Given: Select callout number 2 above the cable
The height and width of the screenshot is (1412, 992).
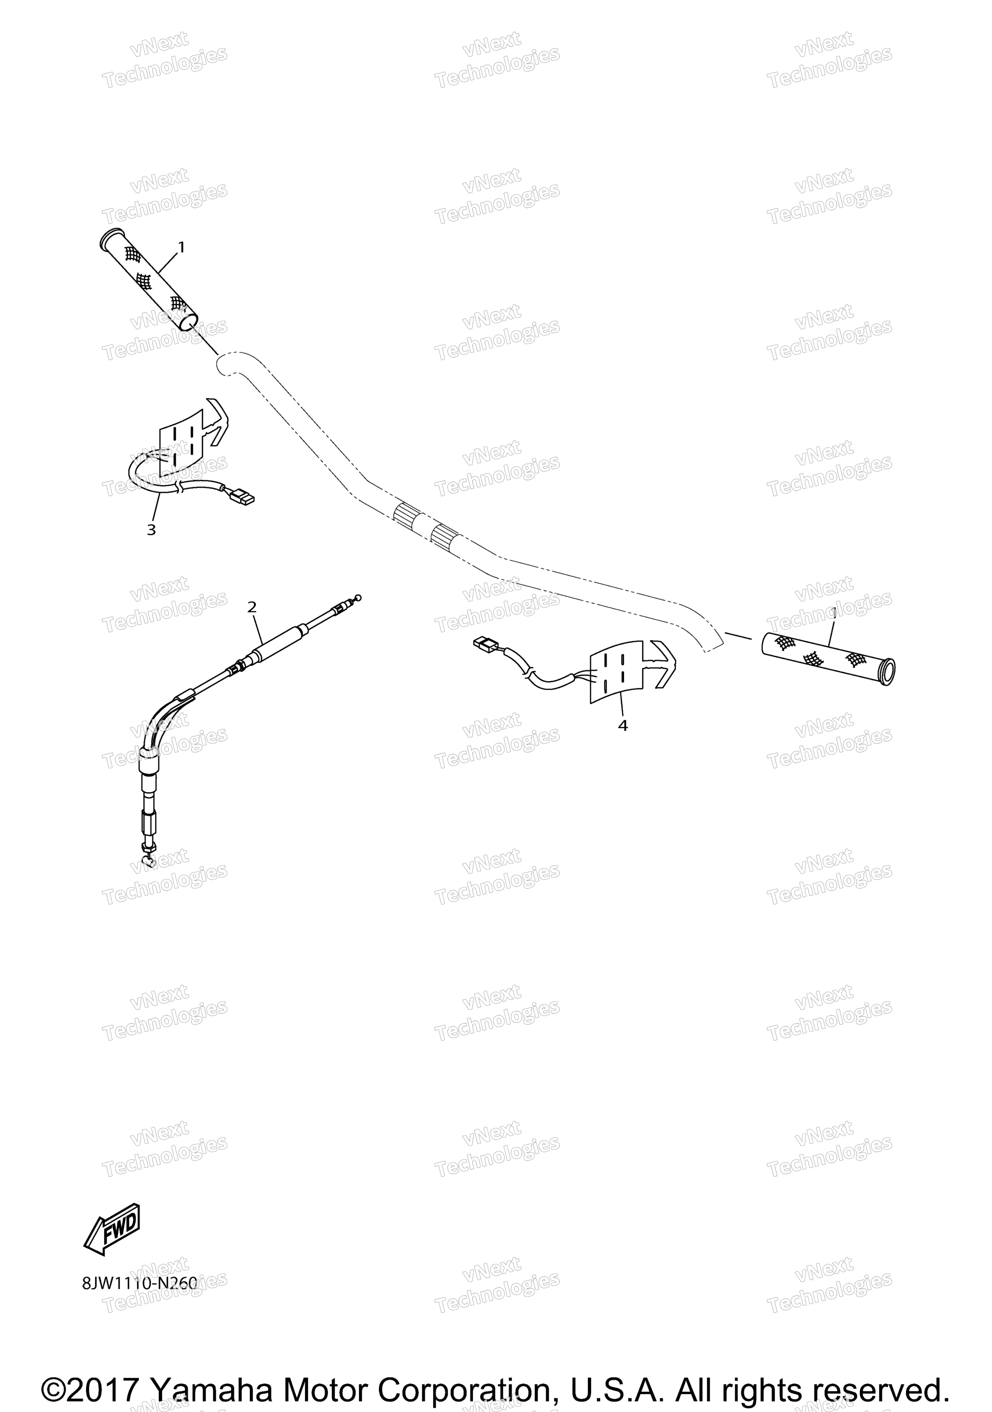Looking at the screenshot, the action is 252,607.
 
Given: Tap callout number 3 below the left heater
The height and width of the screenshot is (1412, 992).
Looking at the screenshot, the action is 151,530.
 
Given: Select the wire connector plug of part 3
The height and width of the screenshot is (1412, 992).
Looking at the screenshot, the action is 241,495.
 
